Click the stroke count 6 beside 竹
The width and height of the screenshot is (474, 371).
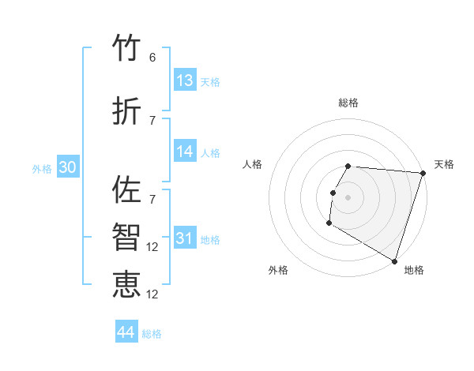pyautogui.click(x=152, y=58)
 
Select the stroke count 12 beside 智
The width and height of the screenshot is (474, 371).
pyautogui.click(x=153, y=247)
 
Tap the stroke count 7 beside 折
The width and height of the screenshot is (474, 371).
pyautogui.click(x=152, y=120)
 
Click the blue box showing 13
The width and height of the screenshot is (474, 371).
pyautogui.click(x=185, y=81)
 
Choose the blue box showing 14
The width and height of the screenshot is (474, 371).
pyautogui.click(x=185, y=152)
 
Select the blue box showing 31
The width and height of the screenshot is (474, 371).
pyautogui.click(x=185, y=238)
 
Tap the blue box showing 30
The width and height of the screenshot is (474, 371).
pyautogui.click(x=67, y=167)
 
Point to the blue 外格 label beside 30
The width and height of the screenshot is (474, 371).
pyautogui.click(x=42, y=168)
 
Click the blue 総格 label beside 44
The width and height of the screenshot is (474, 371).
pyautogui.click(x=152, y=334)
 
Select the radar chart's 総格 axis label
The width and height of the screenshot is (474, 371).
pyautogui.click(x=348, y=103)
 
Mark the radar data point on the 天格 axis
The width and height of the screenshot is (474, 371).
pyautogui.click(x=423, y=173)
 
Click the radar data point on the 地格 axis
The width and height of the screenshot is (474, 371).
pyautogui.click(x=394, y=260)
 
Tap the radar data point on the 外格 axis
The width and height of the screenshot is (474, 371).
pyautogui.click(x=329, y=223)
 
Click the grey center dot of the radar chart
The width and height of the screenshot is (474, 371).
pyautogui.click(x=348, y=197)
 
